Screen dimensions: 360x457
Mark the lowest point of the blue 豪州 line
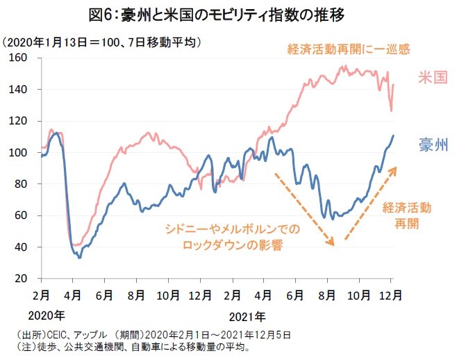[79, 258]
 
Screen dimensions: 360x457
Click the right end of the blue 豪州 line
[393, 136]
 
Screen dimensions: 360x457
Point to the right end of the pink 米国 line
[393, 85]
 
